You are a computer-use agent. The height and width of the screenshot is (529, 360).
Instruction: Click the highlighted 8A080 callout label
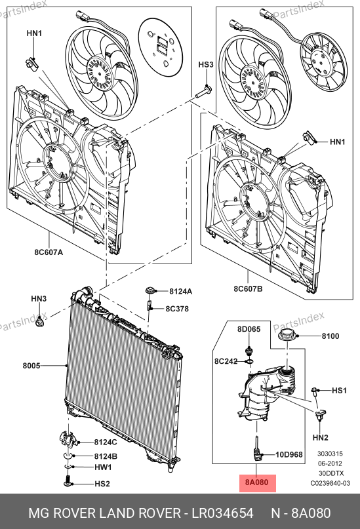click(x=258, y=482)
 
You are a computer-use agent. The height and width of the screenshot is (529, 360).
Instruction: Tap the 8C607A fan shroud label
click(x=49, y=252)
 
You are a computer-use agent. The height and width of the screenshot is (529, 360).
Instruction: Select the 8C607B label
click(x=248, y=289)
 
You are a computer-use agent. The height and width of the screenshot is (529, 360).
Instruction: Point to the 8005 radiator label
click(x=31, y=365)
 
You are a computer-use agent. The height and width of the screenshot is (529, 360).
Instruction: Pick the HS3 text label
click(x=206, y=64)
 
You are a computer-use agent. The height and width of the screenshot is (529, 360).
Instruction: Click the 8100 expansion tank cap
click(x=287, y=336)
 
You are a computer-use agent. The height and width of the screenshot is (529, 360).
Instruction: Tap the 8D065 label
click(x=249, y=329)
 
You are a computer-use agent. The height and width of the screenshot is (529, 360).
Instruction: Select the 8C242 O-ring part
click(x=250, y=362)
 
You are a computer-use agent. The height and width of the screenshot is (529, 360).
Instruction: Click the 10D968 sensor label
click(x=289, y=454)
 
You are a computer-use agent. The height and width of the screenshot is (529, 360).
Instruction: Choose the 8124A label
click(x=180, y=291)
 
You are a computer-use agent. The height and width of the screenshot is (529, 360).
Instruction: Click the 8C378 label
click(x=177, y=309)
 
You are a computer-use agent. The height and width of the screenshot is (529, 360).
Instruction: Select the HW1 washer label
click(x=103, y=467)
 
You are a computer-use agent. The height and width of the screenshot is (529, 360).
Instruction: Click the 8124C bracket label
click(x=106, y=442)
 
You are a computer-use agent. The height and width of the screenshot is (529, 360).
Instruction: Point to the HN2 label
click(x=320, y=438)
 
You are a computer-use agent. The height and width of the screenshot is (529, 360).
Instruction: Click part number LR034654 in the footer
click(x=223, y=513)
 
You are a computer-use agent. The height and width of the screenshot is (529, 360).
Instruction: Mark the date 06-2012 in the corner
click(x=330, y=463)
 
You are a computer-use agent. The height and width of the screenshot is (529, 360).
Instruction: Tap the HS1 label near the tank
click(x=339, y=390)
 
